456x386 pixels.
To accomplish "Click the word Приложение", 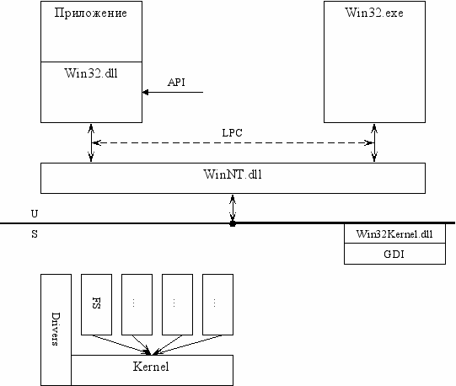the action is coord(91,13).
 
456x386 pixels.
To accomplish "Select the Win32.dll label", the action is coord(91,73).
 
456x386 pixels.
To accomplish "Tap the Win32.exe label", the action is coord(374,13).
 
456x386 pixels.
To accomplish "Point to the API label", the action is coord(176,83).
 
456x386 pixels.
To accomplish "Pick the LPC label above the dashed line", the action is coord(232,133).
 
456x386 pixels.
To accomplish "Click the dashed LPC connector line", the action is coord(233,142).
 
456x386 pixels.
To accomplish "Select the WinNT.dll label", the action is coord(233,174).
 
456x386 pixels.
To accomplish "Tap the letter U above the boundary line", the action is coord(35,214).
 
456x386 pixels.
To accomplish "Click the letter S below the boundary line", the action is coord(35,233).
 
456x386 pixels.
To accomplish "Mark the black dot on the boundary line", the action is coord(233,223).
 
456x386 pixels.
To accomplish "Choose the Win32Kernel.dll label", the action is coord(394,233).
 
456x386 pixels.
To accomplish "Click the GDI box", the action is coord(394,254).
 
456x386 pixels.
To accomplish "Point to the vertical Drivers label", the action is coord(55,329).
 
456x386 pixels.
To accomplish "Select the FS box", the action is coord(96,304).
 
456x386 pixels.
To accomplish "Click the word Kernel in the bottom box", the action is coord(151,367).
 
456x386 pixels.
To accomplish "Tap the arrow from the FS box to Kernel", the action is coord(121,345).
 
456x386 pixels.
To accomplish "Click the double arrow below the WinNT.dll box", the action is coord(233,207).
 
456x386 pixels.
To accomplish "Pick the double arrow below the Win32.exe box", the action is coord(374,142).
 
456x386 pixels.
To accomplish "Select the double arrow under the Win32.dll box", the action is coord(91,142).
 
